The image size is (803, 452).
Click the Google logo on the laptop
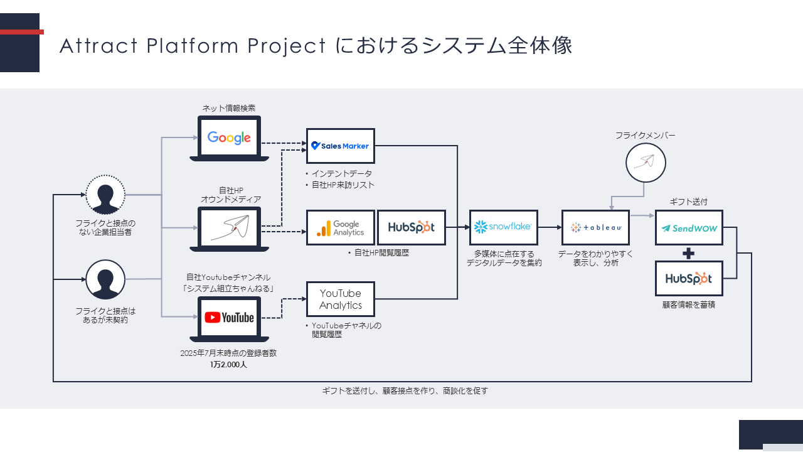click(x=229, y=138)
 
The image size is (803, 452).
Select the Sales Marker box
click(x=341, y=146)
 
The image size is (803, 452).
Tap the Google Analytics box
click(x=341, y=228)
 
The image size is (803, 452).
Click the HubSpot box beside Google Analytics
click(x=411, y=228)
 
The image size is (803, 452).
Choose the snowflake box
click(x=503, y=227)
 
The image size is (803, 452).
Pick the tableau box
click(x=596, y=227)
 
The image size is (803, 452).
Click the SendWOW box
click(x=689, y=228)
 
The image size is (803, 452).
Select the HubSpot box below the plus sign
click(x=689, y=278)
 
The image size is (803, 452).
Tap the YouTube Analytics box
click(x=341, y=299)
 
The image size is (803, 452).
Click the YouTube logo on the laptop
click(x=229, y=318)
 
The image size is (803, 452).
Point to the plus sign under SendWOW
click(x=689, y=254)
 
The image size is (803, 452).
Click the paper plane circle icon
click(x=646, y=163)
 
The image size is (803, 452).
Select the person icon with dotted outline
click(x=105, y=195)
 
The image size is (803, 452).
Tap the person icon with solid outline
click(x=105, y=279)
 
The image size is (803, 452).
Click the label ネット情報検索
click(x=228, y=109)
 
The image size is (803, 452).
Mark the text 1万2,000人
click(x=228, y=365)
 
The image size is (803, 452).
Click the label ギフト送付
click(x=688, y=202)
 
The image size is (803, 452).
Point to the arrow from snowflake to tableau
click(x=550, y=227)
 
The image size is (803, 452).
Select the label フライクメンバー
click(x=645, y=136)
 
